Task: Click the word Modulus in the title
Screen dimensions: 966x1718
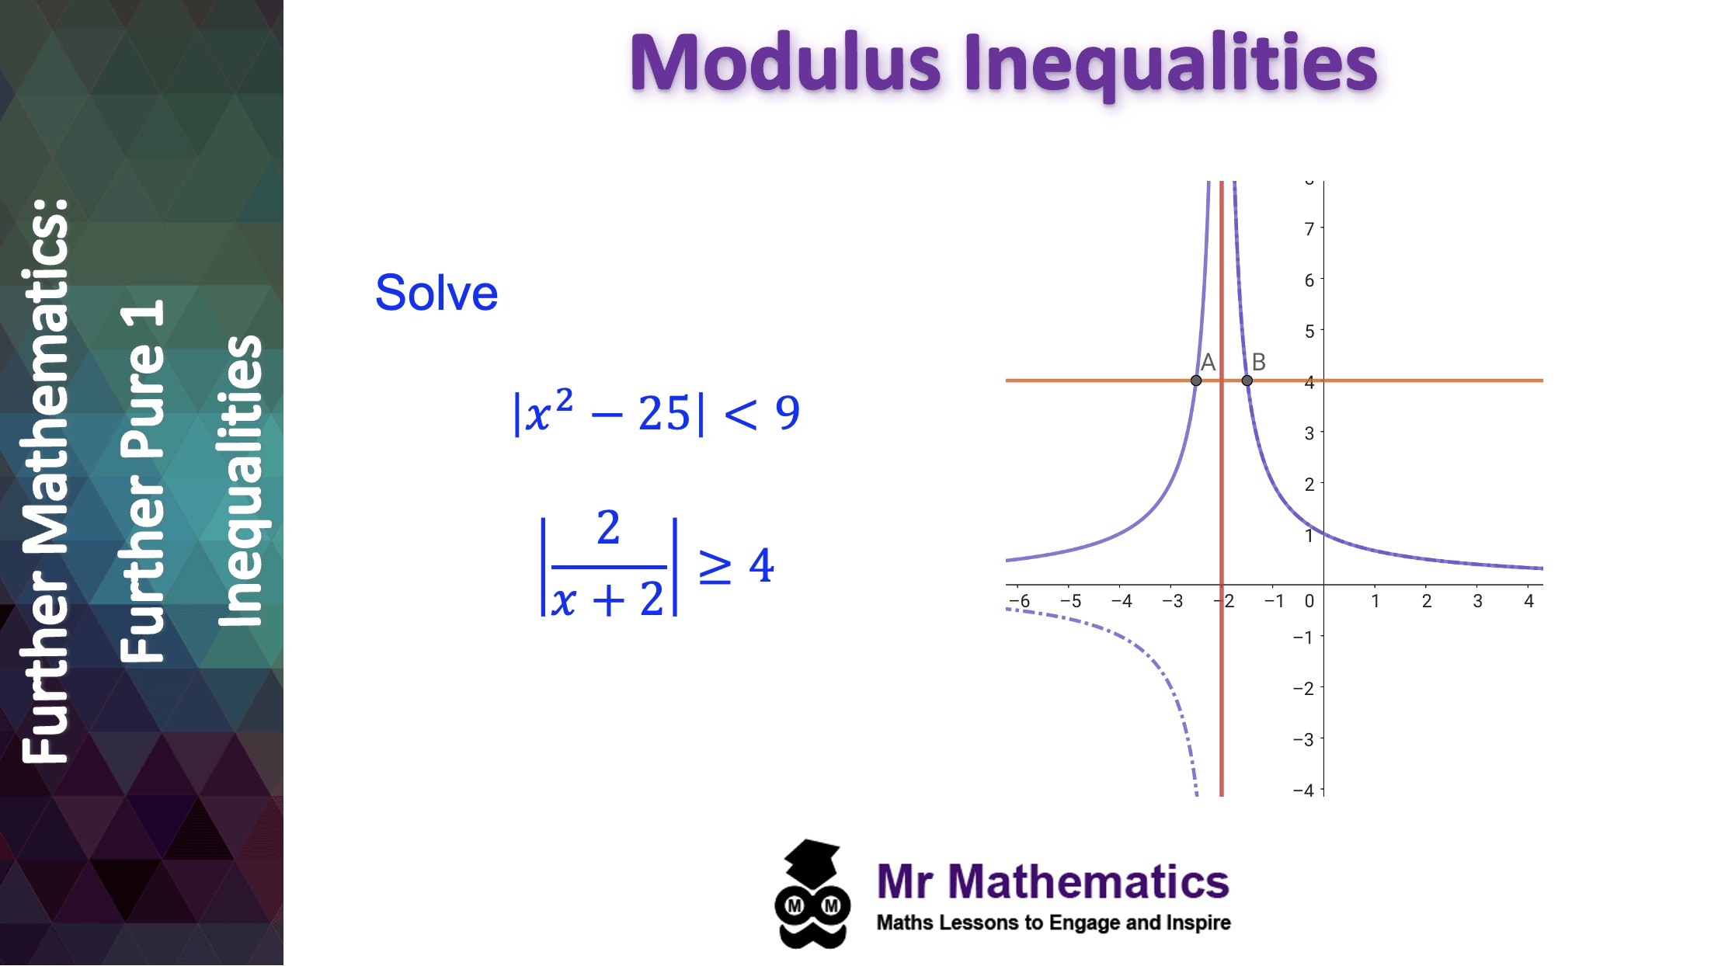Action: [784, 64]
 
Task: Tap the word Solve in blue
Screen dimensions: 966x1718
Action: [436, 293]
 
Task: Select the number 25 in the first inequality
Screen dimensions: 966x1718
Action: [664, 413]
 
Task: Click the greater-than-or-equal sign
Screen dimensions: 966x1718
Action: [715, 566]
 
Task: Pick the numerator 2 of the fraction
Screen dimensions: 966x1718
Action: [608, 528]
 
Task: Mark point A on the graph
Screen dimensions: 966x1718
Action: [1196, 380]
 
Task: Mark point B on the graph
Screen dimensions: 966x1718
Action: [1247, 380]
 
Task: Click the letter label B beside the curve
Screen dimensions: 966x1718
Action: [1259, 362]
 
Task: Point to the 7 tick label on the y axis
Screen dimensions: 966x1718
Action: [1309, 229]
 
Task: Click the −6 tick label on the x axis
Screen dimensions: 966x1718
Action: [1020, 601]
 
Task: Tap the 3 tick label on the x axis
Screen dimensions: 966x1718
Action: [1477, 601]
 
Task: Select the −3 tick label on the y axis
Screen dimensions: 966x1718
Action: [1303, 739]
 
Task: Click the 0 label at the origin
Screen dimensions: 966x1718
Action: [1309, 601]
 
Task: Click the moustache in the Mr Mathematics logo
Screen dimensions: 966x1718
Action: [812, 935]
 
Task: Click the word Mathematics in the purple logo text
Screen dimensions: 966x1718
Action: [1088, 882]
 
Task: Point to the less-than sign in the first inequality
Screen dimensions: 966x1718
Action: [740, 413]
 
